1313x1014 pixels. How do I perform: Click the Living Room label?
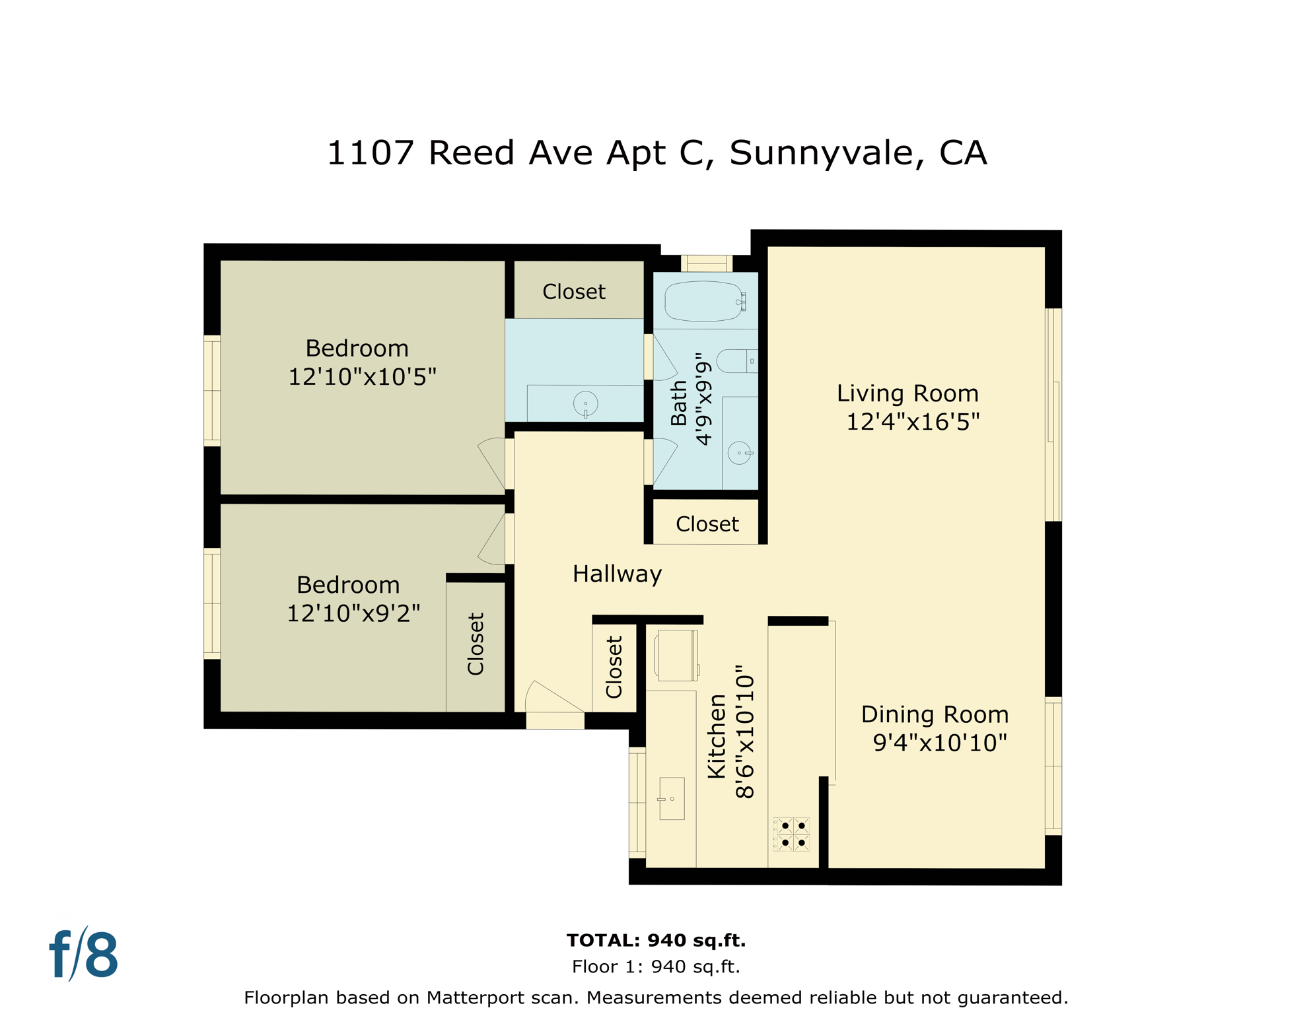(x=907, y=393)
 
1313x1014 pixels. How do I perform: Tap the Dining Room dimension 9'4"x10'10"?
(x=939, y=743)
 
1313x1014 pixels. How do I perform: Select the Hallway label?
(x=617, y=574)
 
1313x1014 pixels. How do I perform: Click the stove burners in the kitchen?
(x=792, y=834)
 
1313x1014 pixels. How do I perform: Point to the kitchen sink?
(x=672, y=798)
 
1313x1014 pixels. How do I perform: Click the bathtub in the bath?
(x=705, y=302)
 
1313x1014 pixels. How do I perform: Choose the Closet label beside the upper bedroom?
(x=574, y=292)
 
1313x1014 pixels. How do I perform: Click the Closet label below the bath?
(x=707, y=524)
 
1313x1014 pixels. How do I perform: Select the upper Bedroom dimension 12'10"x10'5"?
(x=362, y=377)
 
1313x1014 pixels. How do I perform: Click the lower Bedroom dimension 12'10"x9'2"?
(x=353, y=613)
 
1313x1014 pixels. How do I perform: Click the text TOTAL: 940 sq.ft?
(x=656, y=940)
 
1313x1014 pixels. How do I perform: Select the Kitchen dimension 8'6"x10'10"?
(x=744, y=731)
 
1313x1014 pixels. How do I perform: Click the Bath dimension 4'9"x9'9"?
(x=704, y=399)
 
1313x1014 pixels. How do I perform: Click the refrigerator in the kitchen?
(x=676, y=655)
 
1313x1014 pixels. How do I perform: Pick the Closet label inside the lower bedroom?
(x=476, y=644)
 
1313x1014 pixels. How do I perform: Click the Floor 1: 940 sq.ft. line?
(x=656, y=966)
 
